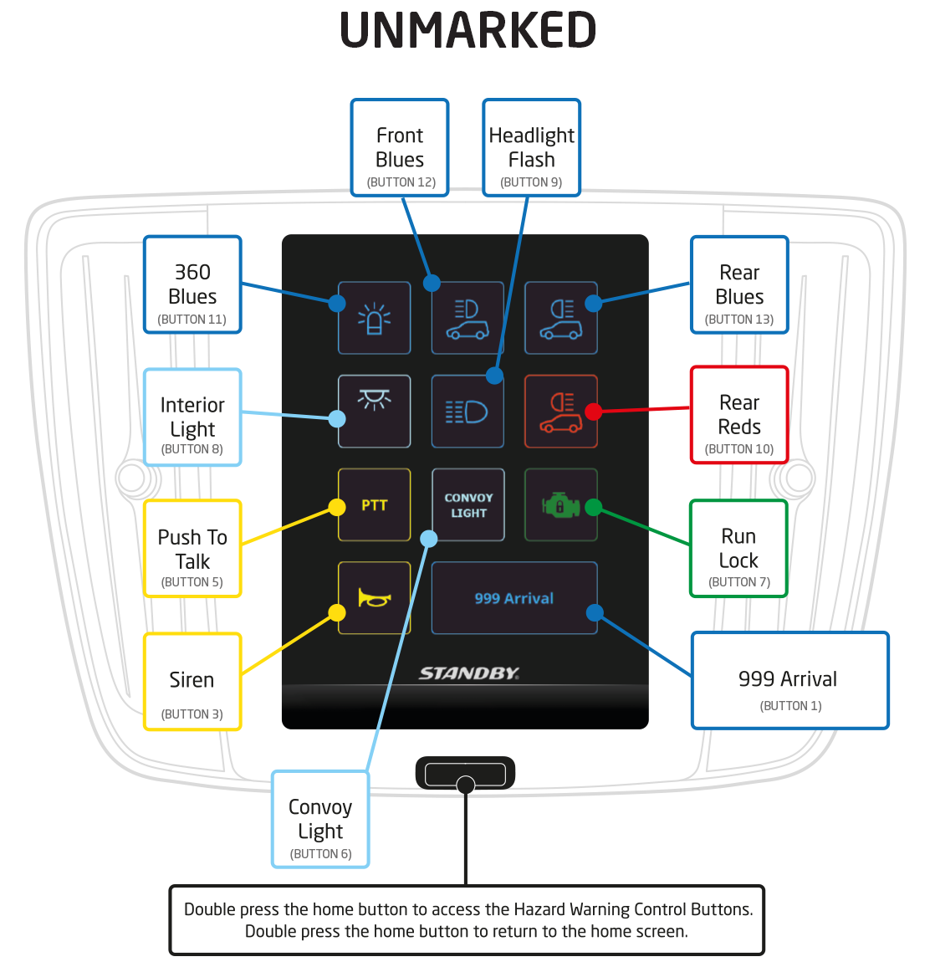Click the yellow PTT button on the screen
pos(374,504)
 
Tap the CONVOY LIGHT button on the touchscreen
pos(468,504)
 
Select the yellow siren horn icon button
pos(374,597)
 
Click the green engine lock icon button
pos(560,504)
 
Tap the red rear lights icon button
pos(561,412)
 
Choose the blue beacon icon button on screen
pos(374,318)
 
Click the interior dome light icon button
pos(374,411)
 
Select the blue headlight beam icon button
pos(467,412)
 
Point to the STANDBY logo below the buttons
pos(468,673)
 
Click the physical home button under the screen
pos(465,774)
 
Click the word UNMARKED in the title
pos(467,31)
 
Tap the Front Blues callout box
pos(400,148)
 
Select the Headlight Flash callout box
pos(532,148)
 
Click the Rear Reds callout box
pos(739,415)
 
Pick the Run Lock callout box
pos(738,549)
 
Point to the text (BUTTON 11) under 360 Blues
pos(192,320)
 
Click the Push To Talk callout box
pos(192,549)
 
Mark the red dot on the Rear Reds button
pos(594,412)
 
